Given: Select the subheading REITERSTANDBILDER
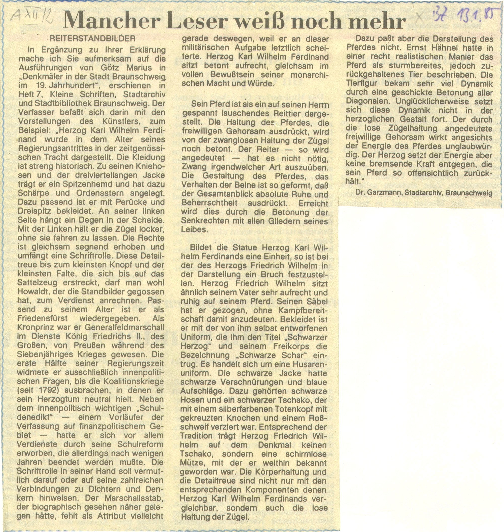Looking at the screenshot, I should pyautogui.click(x=93, y=39).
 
